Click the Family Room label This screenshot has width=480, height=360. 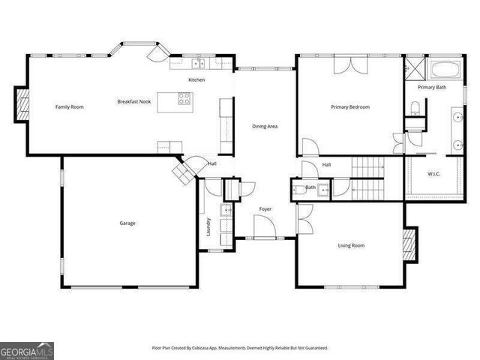70,107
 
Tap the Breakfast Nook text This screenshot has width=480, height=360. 135,101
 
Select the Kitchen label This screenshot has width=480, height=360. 196,80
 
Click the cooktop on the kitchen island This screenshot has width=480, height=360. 184,97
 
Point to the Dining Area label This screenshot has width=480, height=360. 264,126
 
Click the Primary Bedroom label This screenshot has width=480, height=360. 350,107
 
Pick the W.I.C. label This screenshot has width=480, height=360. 433,174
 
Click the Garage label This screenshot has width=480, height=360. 127,223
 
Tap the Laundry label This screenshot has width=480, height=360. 208,227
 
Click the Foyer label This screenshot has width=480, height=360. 265,208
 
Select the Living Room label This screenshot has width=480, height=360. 351,245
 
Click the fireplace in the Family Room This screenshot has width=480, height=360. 22,106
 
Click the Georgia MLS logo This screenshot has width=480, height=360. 27,350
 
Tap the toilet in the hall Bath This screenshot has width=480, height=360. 298,190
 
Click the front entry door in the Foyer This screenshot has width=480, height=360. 262,226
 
